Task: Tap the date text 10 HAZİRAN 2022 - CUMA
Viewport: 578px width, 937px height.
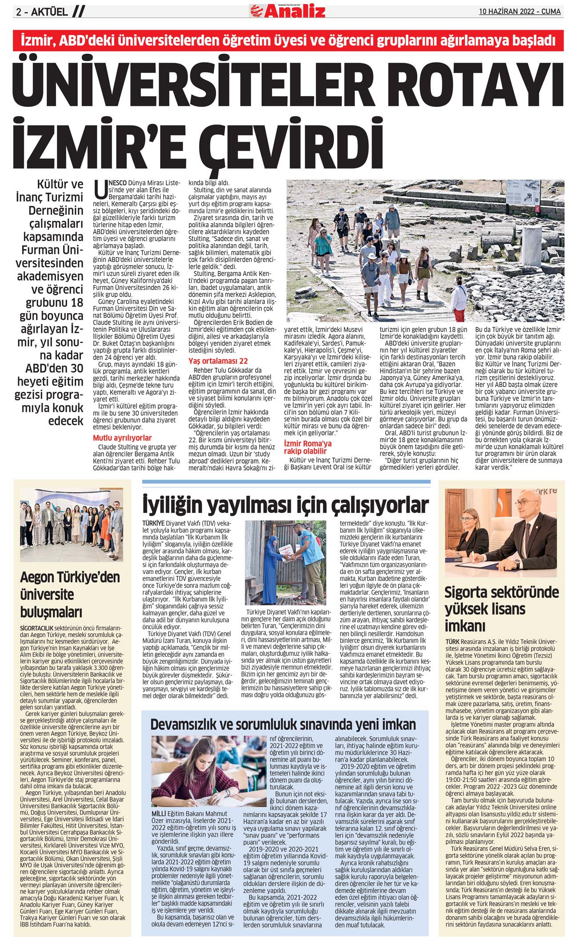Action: tap(520, 12)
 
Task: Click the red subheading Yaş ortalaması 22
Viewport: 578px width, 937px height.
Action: tap(218, 361)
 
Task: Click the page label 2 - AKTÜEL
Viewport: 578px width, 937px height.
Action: tap(42, 12)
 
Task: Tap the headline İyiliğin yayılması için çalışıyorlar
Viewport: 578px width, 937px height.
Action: tap(285, 505)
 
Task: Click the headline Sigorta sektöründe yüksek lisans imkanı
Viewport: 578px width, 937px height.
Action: tap(502, 609)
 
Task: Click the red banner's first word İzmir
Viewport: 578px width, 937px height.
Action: tap(37, 40)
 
